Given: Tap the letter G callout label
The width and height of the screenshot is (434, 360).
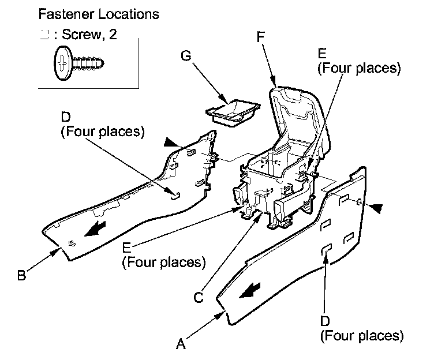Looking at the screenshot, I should pyautogui.click(x=185, y=56).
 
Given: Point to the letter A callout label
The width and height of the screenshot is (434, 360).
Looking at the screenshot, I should pyautogui.click(x=181, y=344).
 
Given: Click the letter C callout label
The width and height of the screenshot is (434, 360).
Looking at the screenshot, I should pyautogui.click(x=199, y=298).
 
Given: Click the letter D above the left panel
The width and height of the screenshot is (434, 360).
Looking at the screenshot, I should pyautogui.click(x=65, y=120).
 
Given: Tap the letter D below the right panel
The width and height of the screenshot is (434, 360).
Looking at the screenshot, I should pyautogui.click(x=325, y=321).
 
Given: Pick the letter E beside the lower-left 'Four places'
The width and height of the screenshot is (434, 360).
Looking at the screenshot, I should pyautogui.click(x=127, y=247).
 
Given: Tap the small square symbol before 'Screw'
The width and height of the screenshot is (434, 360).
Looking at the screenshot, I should pyautogui.click(x=42, y=33).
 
